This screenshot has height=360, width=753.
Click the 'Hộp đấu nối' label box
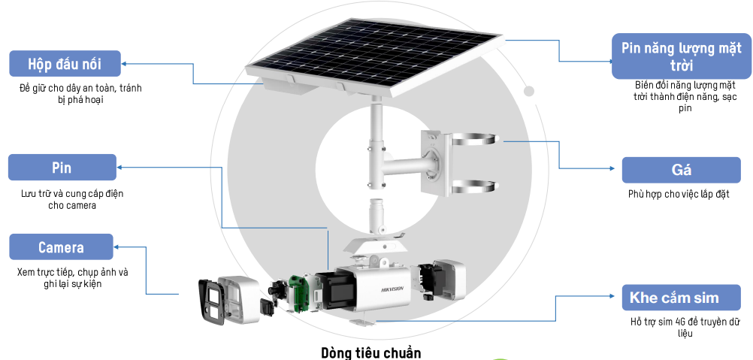click(65, 63)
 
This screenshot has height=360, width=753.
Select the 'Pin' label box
click(62, 168)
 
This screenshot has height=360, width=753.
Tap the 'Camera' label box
click(61, 247)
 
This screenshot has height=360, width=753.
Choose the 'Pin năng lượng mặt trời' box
click(682, 56)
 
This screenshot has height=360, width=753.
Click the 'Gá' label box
click(682, 170)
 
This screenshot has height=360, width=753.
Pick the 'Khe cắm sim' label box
click(682, 298)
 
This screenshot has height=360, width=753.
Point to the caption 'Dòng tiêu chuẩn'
click(370, 352)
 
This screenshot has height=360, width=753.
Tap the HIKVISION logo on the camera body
click(392, 289)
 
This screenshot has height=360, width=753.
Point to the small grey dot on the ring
click(529, 91)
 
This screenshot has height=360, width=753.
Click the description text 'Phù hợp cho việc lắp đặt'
click(679, 195)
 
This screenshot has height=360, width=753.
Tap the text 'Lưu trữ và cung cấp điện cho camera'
click(72, 200)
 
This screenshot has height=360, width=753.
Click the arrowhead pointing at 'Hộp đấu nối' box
click(124, 63)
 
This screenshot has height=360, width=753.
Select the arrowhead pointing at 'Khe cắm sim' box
click(611, 296)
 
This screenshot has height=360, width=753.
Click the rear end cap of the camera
click(449, 280)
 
